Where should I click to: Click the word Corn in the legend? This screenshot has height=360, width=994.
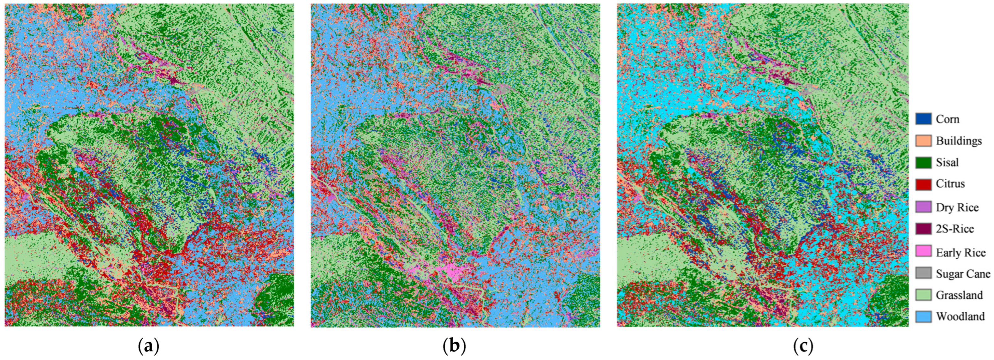click(947, 119)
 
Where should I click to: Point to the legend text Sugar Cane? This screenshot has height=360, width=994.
click(963, 273)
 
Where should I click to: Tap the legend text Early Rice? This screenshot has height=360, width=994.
click(960, 252)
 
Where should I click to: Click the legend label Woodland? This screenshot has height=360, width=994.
click(960, 316)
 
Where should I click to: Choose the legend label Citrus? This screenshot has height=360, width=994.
click(950, 184)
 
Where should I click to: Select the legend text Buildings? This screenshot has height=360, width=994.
click(959, 141)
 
